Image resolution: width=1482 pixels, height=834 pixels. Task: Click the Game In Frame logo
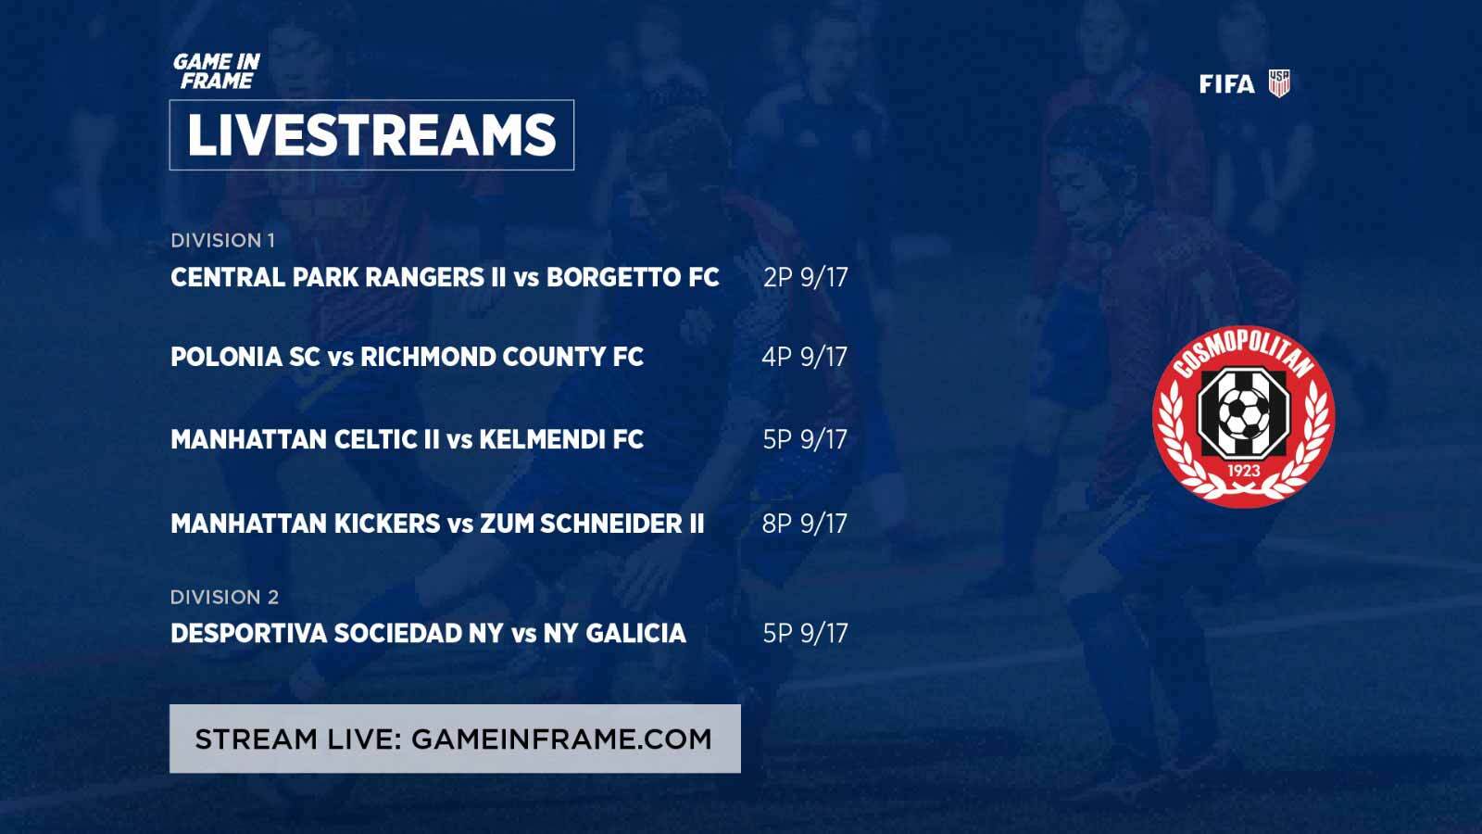point(217,71)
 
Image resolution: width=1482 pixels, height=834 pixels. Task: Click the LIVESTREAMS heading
point(371,135)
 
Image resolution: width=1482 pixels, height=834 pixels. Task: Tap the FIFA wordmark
point(1226,84)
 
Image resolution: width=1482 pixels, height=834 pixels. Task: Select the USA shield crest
point(1279,83)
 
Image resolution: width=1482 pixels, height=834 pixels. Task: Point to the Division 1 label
point(222,240)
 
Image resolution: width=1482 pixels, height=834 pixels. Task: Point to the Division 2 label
point(224,597)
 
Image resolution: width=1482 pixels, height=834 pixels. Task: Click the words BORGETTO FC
point(633,277)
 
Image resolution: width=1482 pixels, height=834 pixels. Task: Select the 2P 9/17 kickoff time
point(805,277)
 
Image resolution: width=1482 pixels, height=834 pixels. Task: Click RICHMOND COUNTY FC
point(501,357)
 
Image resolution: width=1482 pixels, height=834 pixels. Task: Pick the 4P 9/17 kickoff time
point(805,357)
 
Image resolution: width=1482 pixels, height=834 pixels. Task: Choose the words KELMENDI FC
point(561,439)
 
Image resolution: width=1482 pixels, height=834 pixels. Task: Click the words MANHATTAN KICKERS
point(305,524)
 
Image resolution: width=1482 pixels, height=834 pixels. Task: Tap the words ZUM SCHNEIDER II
point(592,524)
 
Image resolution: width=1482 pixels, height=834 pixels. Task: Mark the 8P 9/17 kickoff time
point(805,524)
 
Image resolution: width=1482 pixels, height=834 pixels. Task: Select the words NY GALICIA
point(615,634)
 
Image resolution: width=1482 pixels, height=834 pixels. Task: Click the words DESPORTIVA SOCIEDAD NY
point(337,634)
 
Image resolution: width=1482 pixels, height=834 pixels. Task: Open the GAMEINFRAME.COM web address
point(561,739)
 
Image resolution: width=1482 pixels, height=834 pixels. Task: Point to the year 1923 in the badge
point(1243,471)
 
